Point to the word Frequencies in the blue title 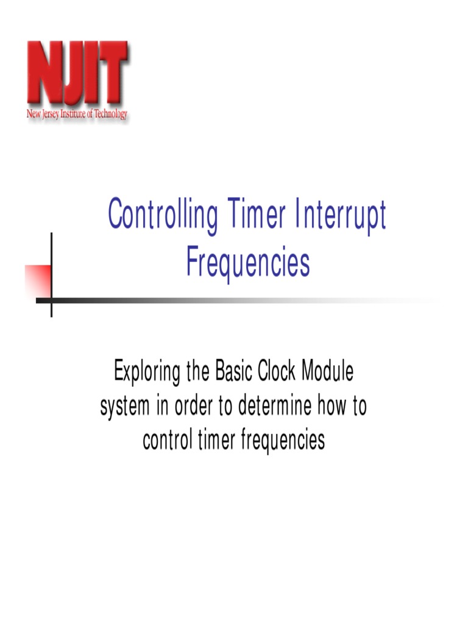(248, 263)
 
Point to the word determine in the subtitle (274, 406)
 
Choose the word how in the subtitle (332, 406)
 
